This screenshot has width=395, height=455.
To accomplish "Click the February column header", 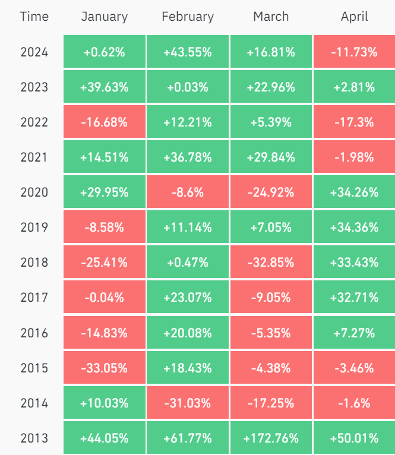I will coord(188,17).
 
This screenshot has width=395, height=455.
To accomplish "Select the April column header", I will coord(355,17).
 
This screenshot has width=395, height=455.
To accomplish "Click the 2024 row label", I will coord(34,52).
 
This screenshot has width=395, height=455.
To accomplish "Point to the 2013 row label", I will coord(34,438).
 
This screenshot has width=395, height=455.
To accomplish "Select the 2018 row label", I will coord(34,263).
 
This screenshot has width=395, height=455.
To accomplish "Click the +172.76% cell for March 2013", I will coord(271,438).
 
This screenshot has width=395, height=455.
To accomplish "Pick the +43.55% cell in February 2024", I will coord(188,52).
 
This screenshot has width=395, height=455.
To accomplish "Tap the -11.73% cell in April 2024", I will coord(355,52).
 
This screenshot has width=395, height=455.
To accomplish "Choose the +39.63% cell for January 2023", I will coord(105,87).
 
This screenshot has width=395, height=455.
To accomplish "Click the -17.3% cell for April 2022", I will coord(355,122).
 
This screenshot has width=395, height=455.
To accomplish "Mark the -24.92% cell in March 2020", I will coord(271,192).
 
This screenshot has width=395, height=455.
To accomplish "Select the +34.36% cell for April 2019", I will coord(355,227).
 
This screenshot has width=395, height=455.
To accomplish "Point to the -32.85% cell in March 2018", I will coord(271,263).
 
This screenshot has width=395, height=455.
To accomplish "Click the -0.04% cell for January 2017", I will coord(105,298).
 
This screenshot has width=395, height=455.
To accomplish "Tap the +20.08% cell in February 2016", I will coord(188,333).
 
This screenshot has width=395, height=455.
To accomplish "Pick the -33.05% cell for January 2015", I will coord(105,368).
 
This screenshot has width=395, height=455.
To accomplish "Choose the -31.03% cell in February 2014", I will coord(188,403).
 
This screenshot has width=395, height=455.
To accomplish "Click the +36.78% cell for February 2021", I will coord(188,157).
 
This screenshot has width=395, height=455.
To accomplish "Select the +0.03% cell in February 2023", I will coord(188,87).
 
